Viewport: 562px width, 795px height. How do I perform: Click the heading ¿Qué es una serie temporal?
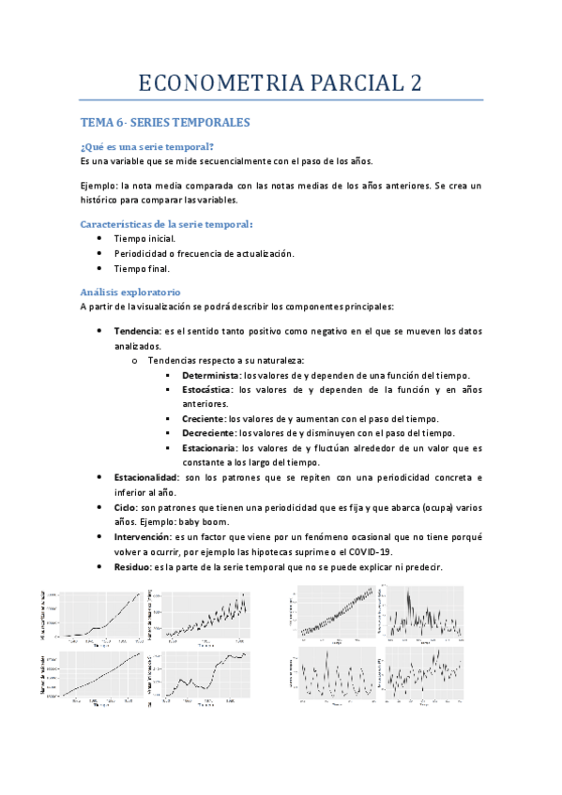tap(147, 146)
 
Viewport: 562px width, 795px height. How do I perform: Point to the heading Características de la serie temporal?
tap(166, 224)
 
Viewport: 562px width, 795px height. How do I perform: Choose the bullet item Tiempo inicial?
tap(144, 239)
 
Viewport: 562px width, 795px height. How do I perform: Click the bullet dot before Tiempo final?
tap(99, 268)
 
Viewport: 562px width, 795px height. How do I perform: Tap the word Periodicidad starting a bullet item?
tap(141, 254)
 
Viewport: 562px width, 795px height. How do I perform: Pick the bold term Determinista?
tap(211, 375)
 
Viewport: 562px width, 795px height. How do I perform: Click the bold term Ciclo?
tap(126, 506)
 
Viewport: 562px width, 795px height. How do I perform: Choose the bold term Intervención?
tap(143, 537)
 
